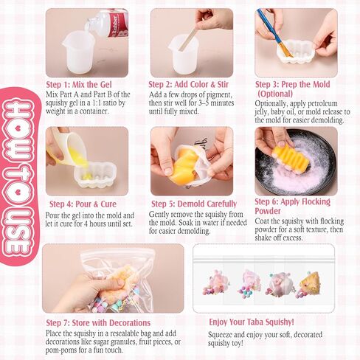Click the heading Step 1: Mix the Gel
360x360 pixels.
79,85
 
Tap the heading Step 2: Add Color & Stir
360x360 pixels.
188,85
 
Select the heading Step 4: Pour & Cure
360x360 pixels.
83,204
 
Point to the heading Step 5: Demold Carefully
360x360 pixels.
194,204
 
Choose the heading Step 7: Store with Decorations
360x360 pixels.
98,323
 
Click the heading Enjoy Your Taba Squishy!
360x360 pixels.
252,322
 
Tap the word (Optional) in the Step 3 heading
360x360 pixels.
275,94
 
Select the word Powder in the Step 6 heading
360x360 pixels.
268,211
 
